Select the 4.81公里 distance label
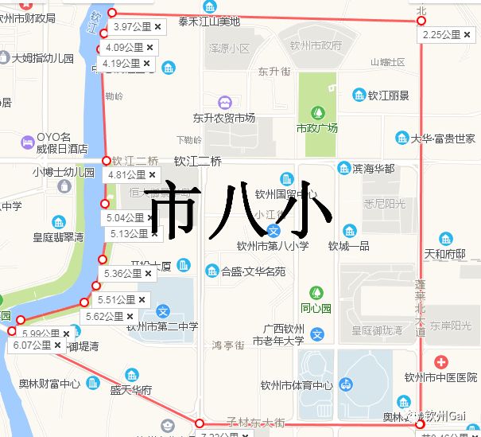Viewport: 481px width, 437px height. point(126,174)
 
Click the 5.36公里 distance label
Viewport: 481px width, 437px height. point(122,273)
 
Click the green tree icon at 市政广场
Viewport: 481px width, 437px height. point(317,113)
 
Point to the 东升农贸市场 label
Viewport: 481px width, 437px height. point(224,118)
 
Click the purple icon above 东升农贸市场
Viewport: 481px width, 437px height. point(225,102)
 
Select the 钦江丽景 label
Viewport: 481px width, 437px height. point(388,96)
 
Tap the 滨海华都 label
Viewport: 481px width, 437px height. point(373,169)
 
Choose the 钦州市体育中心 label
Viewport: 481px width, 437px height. point(296,386)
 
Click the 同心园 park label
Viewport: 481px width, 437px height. point(316,307)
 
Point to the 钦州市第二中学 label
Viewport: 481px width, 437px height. point(162,326)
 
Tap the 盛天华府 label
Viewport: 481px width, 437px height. point(130,390)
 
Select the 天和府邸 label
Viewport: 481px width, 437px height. point(444,255)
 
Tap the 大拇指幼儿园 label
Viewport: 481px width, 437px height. point(44,58)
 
